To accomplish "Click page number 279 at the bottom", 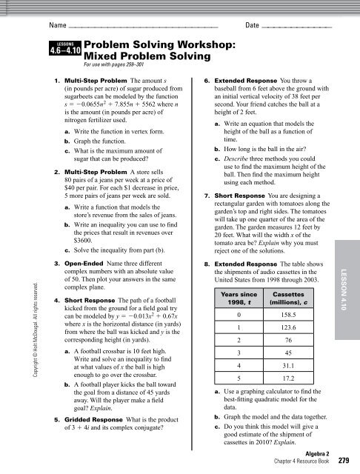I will tap(343, 461).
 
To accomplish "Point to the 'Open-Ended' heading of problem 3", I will tap(87, 243).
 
